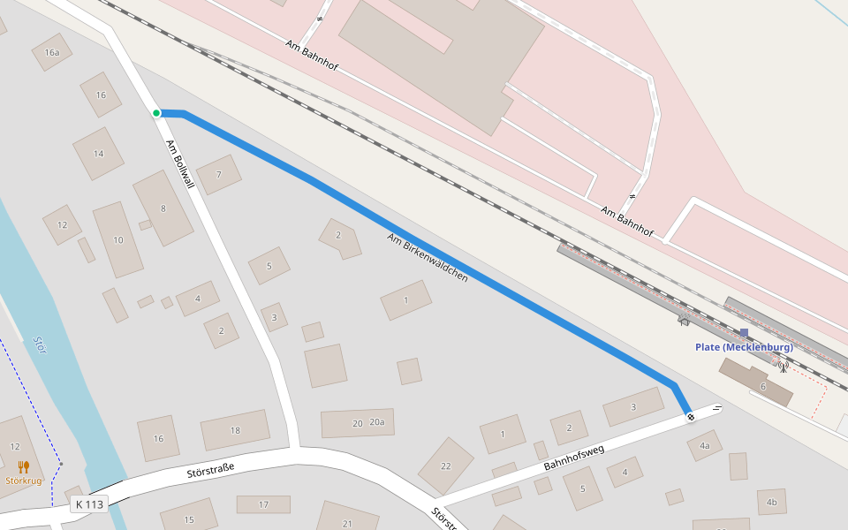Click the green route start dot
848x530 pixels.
pos(156,113)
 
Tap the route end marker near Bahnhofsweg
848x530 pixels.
pos(690,416)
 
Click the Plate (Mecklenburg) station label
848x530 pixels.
pos(744,347)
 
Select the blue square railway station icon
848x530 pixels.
pos(744,333)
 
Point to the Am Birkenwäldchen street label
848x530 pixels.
pos(427,257)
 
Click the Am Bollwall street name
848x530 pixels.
pos(179,164)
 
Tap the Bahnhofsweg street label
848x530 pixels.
pos(573,457)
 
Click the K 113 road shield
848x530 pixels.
pos(89,504)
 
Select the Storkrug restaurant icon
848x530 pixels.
pos(24,467)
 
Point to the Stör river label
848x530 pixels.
pos(40,344)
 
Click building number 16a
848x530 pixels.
pos(52,53)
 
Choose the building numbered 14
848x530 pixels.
pos(98,154)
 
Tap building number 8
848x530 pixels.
pos(163,208)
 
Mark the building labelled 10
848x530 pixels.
pos(118,240)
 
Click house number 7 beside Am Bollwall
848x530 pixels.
pos(218,175)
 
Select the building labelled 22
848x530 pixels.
pos(445,466)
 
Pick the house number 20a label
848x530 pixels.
pos(378,423)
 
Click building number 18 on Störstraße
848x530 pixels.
pos(235,430)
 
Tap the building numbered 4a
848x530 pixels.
pos(704,446)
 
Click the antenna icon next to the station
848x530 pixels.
pos(783,366)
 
